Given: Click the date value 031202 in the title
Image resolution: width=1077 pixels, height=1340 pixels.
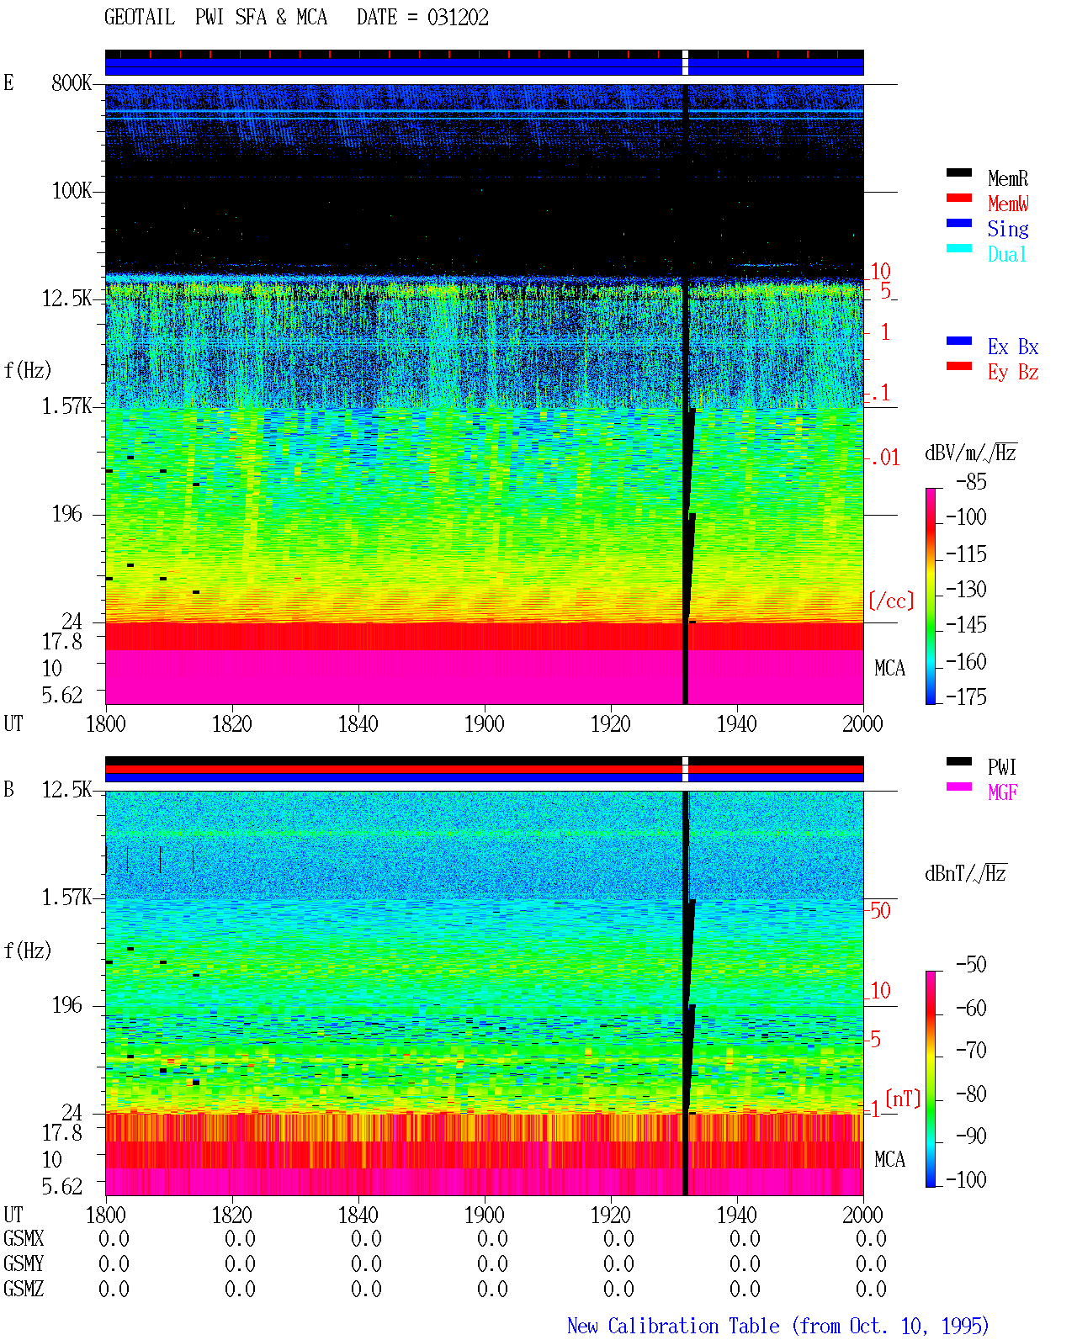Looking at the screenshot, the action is point(457,18).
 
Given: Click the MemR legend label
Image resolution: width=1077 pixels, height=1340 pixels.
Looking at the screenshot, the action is point(1007,178).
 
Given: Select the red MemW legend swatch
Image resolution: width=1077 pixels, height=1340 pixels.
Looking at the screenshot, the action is point(958,198).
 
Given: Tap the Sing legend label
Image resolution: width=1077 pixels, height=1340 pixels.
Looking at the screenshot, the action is point(1007,229).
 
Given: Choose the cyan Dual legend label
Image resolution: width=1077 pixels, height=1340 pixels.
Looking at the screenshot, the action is point(1006,254).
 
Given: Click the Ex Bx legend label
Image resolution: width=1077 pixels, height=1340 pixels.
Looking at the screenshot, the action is point(1012,347).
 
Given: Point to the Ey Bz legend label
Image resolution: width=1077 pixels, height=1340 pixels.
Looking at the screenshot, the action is point(1012,373).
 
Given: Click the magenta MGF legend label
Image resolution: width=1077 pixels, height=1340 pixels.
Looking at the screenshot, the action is point(1002,792).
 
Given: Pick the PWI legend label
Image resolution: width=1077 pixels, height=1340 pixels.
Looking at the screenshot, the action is point(1001,766).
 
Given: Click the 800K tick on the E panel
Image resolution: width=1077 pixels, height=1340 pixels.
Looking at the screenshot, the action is point(72,82).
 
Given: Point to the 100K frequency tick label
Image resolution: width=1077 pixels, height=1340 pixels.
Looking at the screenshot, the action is point(72,191).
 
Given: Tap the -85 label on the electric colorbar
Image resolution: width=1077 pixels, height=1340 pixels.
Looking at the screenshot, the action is point(971,481).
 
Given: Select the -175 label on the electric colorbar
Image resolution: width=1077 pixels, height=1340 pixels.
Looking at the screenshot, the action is point(966,696).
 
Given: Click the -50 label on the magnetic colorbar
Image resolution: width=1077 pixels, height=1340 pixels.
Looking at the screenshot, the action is point(971,965).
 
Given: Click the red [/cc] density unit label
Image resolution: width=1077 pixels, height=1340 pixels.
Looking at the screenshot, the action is point(891,601).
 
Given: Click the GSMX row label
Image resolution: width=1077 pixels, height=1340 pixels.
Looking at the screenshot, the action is point(24,1238).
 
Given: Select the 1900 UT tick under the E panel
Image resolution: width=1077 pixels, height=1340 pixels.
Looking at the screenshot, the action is point(484,723).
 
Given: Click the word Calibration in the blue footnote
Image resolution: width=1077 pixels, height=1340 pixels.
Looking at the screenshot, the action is point(693,1326).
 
